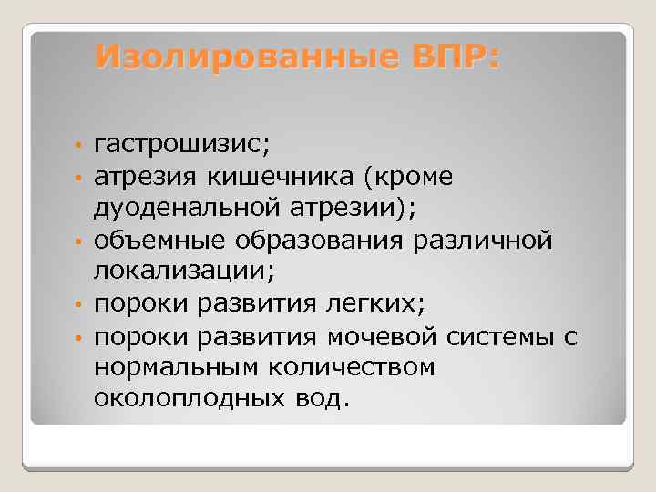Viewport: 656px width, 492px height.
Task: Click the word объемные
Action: click(x=160, y=240)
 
